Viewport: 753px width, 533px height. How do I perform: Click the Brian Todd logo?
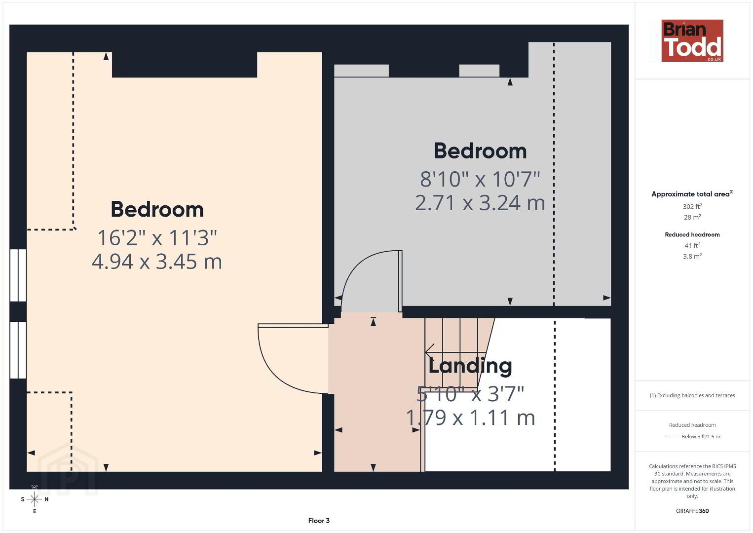[692, 40]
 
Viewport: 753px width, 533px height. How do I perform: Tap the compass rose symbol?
[35, 499]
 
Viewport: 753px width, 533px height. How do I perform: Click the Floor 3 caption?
[319, 521]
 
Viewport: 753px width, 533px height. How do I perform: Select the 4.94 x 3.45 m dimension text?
[156, 262]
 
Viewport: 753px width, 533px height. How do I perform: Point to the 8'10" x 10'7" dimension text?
[480, 179]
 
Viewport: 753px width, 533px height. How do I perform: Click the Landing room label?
[470, 366]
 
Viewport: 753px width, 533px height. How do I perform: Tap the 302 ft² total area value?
[692, 206]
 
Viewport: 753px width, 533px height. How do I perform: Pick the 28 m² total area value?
[692, 217]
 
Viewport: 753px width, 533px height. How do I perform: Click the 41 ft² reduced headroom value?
[692, 245]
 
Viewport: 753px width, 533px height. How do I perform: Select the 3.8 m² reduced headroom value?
[692, 256]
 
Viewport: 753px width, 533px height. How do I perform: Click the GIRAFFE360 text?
[692, 511]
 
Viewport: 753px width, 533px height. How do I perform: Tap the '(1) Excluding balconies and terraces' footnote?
[692, 395]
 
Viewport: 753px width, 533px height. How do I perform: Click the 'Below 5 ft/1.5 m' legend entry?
[701, 436]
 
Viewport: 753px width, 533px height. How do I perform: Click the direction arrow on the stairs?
[455, 352]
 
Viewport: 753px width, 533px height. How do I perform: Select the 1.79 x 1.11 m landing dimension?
[470, 418]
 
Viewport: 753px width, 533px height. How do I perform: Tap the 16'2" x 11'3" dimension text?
[157, 238]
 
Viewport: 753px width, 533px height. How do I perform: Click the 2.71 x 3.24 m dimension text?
[480, 203]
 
